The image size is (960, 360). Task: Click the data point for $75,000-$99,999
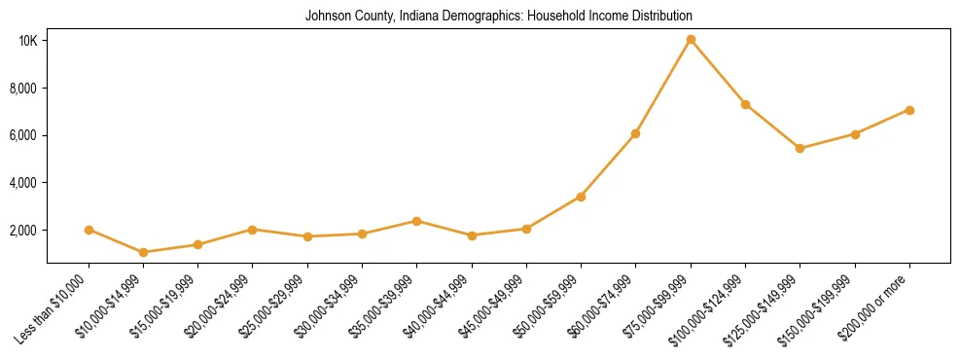[691, 40]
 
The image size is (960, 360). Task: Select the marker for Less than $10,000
[89, 230]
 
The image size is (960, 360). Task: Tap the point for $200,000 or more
[909, 110]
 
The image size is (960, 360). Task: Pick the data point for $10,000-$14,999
[143, 252]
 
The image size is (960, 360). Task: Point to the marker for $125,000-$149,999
[800, 149]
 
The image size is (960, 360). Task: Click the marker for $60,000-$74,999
[635, 133]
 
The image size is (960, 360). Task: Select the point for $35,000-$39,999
[416, 221]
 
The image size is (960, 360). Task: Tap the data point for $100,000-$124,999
[745, 104]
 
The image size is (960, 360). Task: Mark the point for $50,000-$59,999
[581, 197]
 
